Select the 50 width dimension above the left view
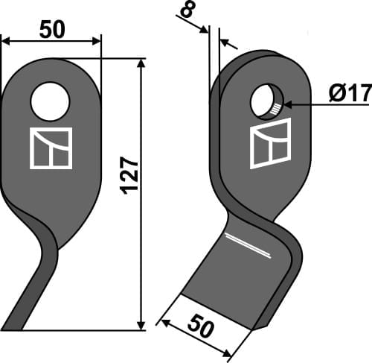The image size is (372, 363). (x=51, y=29)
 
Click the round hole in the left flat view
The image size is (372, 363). (x=51, y=101)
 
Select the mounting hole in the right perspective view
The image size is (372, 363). (x=266, y=102)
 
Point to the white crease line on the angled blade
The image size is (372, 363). (x=248, y=246)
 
